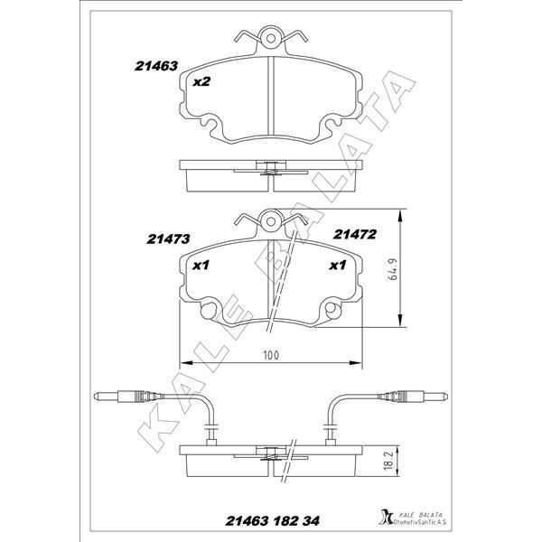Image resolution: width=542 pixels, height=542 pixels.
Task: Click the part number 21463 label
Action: [156, 66]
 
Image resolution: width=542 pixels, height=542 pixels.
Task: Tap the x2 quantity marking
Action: [201, 82]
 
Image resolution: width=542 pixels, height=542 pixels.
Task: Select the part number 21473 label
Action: [168, 239]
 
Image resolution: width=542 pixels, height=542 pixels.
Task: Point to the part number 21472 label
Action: [354, 235]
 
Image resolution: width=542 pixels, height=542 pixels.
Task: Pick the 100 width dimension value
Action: [271, 355]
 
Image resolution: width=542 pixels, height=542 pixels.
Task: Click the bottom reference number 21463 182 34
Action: [273, 521]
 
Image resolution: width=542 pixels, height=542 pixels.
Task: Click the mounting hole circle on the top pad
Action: [271, 38]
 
